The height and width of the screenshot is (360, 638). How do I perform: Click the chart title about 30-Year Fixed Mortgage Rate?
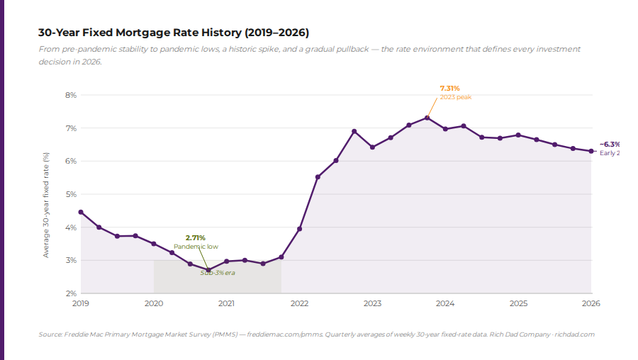tap(174, 33)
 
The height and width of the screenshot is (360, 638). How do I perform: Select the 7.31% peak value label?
tap(449, 88)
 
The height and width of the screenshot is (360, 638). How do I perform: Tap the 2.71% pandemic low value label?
tap(195, 237)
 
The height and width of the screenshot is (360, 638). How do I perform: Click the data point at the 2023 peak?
tap(427, 118)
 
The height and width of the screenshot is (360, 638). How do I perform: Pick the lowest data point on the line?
tap(208, 270)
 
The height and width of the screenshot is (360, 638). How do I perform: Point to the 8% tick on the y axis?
tap(71, 95)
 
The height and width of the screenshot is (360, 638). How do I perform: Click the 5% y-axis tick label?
tap(71, 194)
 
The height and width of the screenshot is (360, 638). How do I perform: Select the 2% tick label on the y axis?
tap(71, 293)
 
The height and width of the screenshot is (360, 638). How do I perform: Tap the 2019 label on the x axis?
tap(81, 303)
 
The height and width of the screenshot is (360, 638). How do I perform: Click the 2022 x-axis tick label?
tap(299, 303)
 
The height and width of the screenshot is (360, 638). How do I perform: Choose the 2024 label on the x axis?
tap(445, 303)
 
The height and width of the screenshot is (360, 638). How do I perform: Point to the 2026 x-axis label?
tap(591, 303)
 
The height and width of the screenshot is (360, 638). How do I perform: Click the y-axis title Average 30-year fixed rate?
tap(47, 204)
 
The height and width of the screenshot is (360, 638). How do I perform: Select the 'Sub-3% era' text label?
tap(217, 273)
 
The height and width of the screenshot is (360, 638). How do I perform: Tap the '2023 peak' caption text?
tap(455, 97)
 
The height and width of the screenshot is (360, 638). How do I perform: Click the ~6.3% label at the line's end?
tap(610, 144)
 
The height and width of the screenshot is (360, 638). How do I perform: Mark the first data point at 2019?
tap(81, 212)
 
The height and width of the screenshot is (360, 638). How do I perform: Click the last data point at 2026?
tap(591, 151)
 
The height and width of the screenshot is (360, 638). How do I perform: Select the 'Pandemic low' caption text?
tap(196, 247)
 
